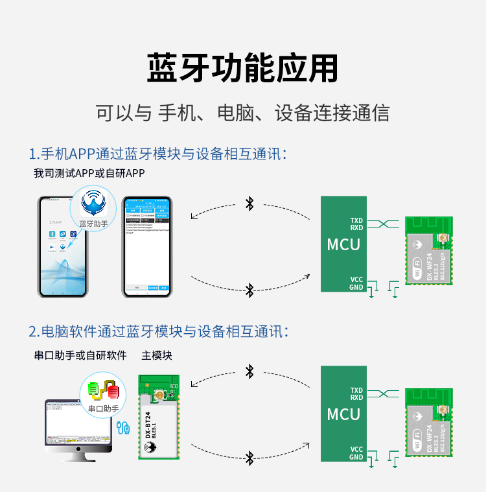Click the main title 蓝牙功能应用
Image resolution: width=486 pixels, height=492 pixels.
tap(242, 68)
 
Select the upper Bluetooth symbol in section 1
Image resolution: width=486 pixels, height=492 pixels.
tap(249, 204)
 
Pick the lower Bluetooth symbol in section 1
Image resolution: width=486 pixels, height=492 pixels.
tap(249, 290)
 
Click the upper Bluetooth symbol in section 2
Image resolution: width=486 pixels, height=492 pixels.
tap(249, 371)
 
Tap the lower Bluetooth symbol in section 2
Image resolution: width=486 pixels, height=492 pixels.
tap(249, 458)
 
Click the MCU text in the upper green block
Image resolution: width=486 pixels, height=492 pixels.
tap(343, 244)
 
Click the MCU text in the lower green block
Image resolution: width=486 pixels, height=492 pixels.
tap(343, 414)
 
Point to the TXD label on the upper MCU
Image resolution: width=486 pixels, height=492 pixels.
tap(356, 220)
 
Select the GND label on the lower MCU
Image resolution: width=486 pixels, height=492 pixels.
tap(356, 457)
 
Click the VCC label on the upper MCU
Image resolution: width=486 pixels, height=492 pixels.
tap(356, 279)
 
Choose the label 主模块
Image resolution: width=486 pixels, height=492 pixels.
tap(157, 355)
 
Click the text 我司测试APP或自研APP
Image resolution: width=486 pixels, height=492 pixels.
tap(89, 173)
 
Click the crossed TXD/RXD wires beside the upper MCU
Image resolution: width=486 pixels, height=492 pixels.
tap(384, 224)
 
